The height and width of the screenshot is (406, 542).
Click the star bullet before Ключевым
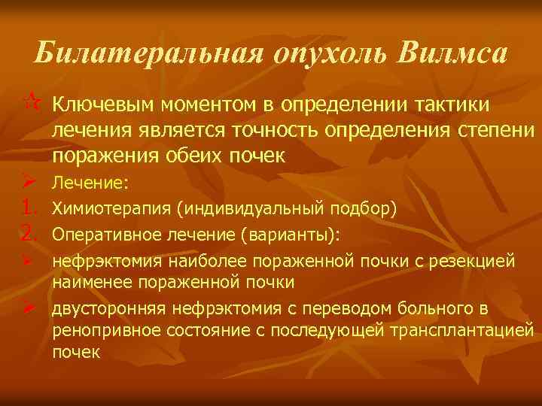[27, 102]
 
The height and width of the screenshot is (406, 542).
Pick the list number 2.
[29, 236]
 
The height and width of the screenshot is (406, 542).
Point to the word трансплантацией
[467, 331]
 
